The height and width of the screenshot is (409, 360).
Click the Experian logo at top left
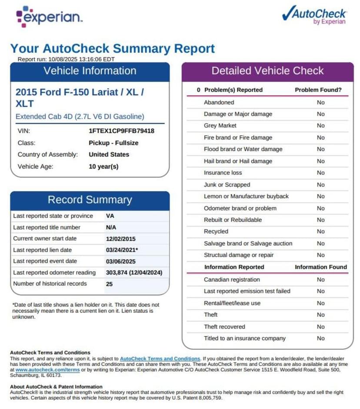click(49, 17)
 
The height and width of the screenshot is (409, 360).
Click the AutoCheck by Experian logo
click(314, 16)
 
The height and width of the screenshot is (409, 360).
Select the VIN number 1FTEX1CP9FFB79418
click(121, 131)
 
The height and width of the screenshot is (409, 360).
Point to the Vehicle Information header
click(90, 71)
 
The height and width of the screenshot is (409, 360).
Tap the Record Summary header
click(90, 200)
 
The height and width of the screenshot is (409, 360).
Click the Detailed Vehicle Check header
click(267, 71)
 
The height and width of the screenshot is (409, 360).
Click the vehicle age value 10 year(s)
click(103, 166)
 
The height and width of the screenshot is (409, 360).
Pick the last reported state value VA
click(110, 216)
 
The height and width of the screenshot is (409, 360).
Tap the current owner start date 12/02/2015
click(120, 239)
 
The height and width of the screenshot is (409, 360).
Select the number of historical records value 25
click(110, 284)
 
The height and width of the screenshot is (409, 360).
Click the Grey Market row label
click(220, 126)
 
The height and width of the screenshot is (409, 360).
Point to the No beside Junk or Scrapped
click(321, 185)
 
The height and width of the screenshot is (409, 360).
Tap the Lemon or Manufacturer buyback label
click(246, 196)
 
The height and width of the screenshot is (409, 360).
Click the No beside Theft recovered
click(321, 327)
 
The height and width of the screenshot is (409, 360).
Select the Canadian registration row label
click(232, 279)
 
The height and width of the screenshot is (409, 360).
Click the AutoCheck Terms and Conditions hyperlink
click(160, 359)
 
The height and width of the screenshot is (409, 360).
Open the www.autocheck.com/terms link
click(42, 370)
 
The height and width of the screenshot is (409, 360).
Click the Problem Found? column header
click(318, 90)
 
